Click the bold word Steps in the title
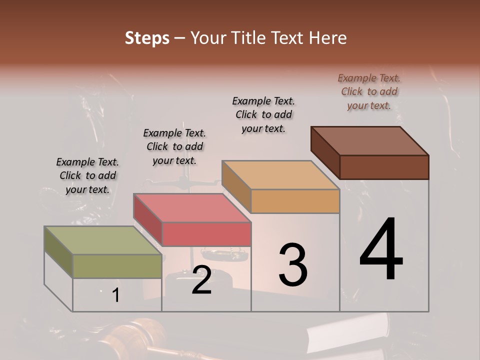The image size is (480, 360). (147, 38)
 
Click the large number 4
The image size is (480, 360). (381, 250)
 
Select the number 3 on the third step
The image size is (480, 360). (293, 265)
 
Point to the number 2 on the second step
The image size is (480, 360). (201, 280)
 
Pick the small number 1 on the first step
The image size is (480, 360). (116, 295)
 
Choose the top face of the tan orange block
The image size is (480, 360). (280, 175)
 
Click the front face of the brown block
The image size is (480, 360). (384, 167)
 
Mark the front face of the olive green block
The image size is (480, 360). (117, 266)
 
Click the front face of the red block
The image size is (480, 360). (206, 234)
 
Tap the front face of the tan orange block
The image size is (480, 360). (295, 201)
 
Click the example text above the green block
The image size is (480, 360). (87, 175)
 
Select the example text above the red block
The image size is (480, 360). (174, 146)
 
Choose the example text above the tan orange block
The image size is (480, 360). (263, 114)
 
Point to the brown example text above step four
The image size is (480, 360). (369, 91)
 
